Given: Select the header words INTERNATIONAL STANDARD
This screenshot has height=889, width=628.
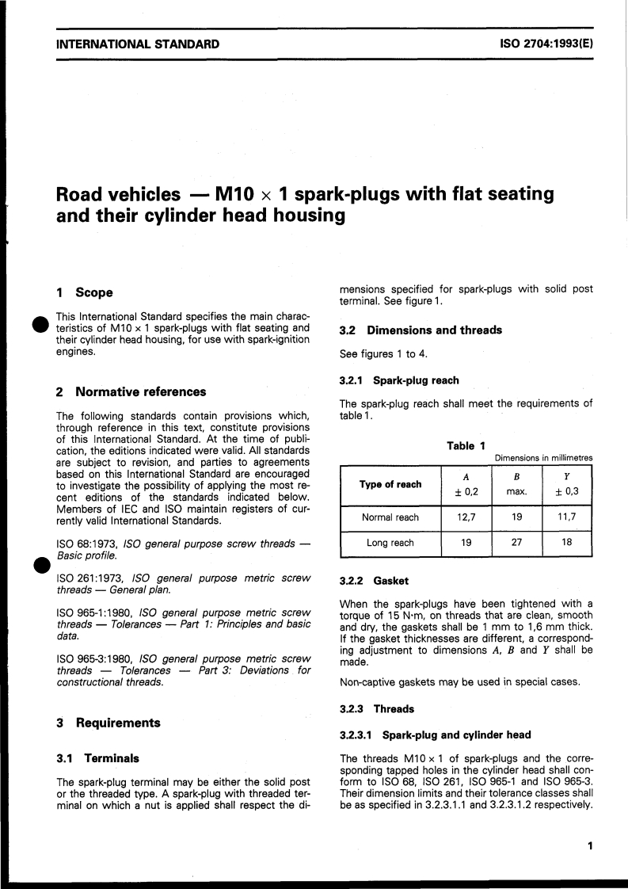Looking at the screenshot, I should (x=138, y=44).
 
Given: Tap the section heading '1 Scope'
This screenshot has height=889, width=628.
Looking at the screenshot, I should (x=85, y=292).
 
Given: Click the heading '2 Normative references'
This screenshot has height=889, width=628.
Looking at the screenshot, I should (x=131, y=391).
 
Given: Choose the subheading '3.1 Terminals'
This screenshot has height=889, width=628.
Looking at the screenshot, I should (x=97, y=757).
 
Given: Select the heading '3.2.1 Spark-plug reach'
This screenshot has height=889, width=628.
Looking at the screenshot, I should (x=398, y=380).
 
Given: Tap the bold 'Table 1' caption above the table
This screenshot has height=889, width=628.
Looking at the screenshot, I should (x=466, y=445).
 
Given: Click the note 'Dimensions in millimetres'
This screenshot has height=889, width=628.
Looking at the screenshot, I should (x=543, y=458).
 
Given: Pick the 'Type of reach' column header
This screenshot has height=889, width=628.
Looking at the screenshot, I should (x=390, y=484).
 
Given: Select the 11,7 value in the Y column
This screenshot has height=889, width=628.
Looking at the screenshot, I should (x=566, y=517).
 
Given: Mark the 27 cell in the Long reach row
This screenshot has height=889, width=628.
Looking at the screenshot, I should (x=518, y=543).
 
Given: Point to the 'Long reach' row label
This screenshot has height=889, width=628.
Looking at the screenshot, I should (x=390, y=543).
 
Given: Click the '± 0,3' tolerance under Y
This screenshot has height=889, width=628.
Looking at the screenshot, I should (x=566, y=491).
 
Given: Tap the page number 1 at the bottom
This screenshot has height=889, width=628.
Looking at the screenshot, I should (x=590, y=846).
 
